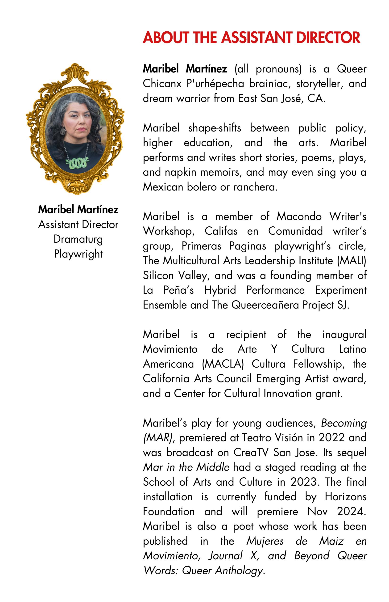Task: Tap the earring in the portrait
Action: (x=62, y=131)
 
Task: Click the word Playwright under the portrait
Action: (x=78, y=254)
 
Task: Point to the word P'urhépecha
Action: (x=215, y=84)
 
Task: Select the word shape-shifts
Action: (x=215, y=128)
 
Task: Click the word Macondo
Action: (x=299, y=216)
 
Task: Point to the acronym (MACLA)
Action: (x=223, y=364)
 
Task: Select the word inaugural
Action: (x=344, y=335)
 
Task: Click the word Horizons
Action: (x=345, y=497)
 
